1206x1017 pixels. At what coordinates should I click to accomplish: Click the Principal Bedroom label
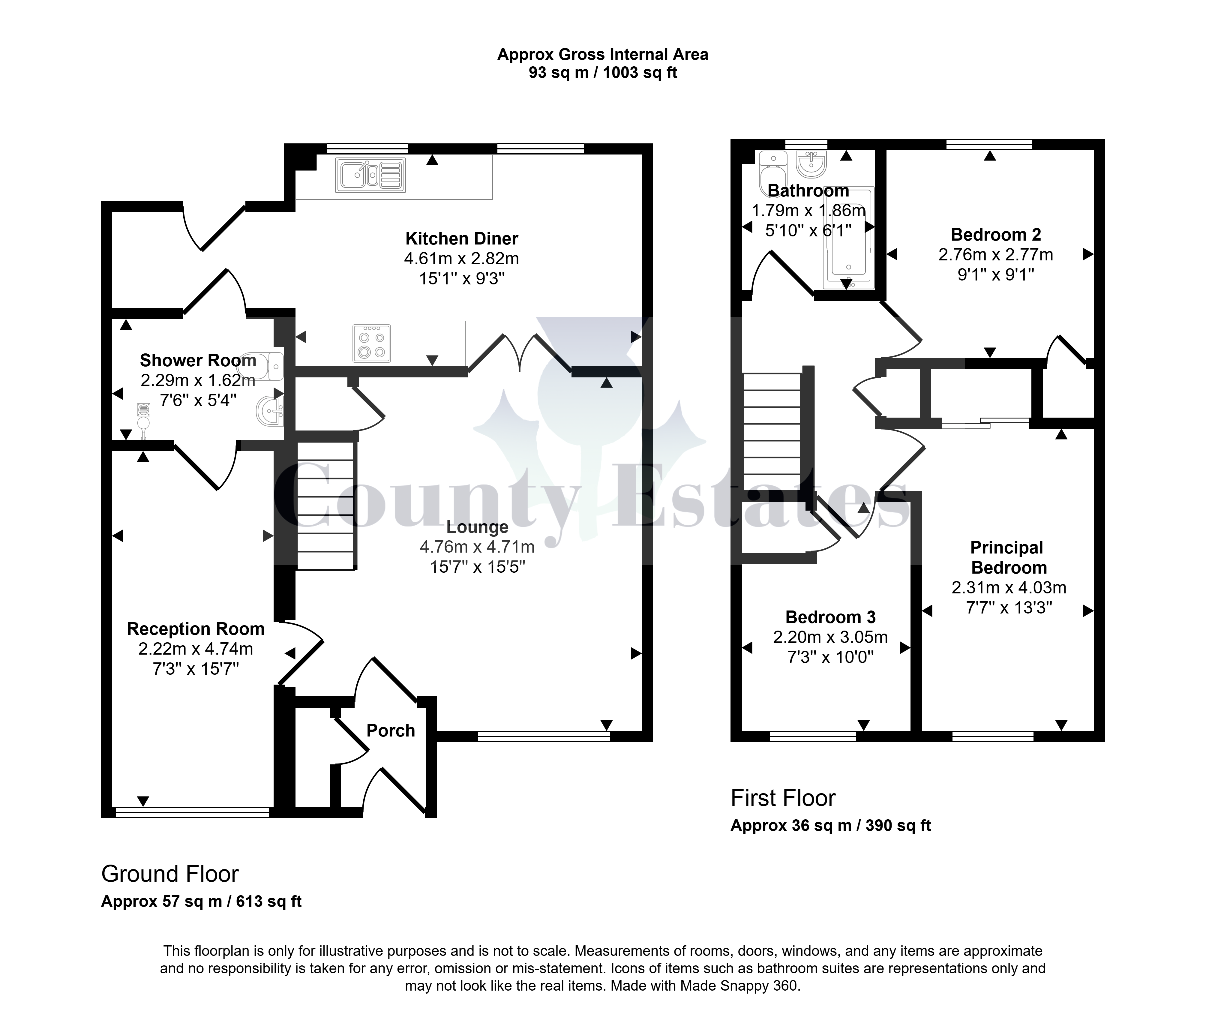[1009, 557]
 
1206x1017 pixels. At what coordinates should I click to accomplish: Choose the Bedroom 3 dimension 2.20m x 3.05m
[831, 637]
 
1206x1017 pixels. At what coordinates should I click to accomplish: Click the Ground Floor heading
[170, 874]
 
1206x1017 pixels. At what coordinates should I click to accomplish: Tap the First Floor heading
[783, 798]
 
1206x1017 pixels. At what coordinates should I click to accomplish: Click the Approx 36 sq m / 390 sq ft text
[831, 826]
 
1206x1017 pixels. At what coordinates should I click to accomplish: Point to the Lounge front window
[544, 736]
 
